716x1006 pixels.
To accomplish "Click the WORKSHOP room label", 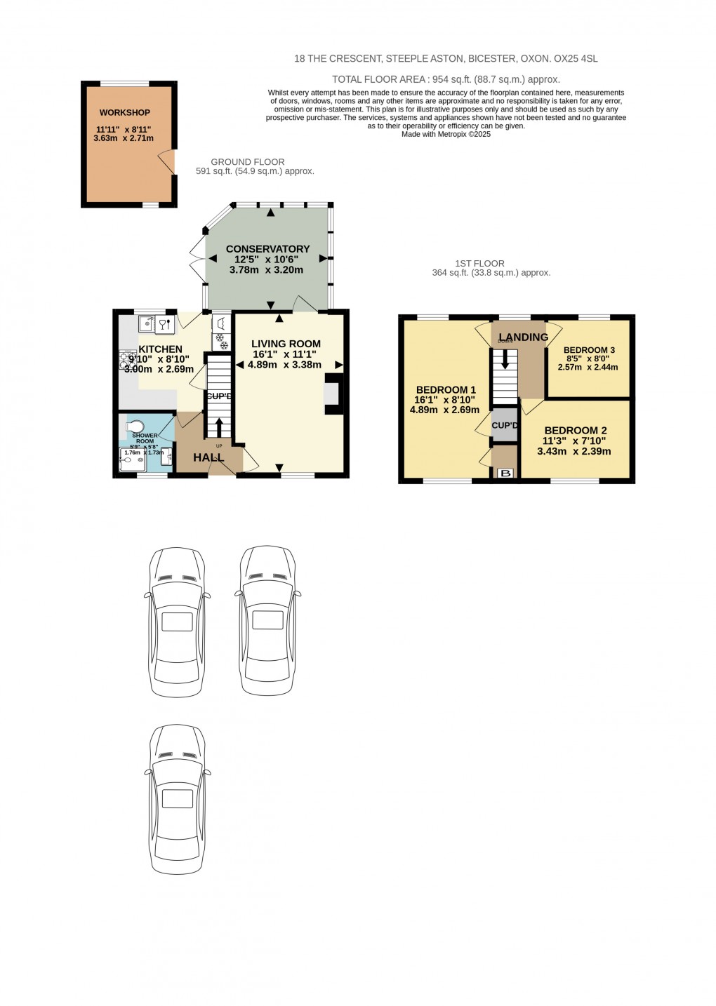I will pos(124,113).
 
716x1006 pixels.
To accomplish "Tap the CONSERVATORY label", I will pos(267,249).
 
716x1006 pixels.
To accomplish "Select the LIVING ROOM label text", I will pos(286,344).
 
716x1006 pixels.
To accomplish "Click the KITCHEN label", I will pos(160,349).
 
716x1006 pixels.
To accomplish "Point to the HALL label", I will pos(208,457).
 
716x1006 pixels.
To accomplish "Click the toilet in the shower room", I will pos(135,426).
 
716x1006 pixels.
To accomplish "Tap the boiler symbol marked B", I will pos(504,474).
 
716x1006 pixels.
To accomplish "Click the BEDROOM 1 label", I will pos(446,390).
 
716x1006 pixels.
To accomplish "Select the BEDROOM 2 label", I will pos(575,431).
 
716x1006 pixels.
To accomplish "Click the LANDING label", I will pos(524,337).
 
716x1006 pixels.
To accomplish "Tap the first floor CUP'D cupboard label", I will pos(505,426).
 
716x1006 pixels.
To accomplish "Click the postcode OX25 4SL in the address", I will pos(577,60).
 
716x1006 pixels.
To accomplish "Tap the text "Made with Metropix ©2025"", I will pos(446,134).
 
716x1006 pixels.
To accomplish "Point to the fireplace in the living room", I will pos(333,394).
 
